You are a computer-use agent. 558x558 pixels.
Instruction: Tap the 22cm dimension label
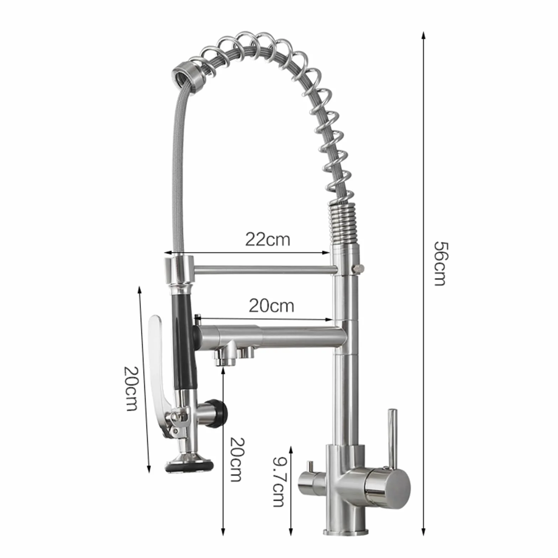268,239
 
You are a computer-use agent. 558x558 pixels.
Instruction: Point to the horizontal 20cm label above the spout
271,306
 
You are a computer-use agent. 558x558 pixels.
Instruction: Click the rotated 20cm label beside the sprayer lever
130,388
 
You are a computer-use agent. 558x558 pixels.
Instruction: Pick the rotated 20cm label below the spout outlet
236,459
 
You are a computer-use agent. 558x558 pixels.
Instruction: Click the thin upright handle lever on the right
392,438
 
